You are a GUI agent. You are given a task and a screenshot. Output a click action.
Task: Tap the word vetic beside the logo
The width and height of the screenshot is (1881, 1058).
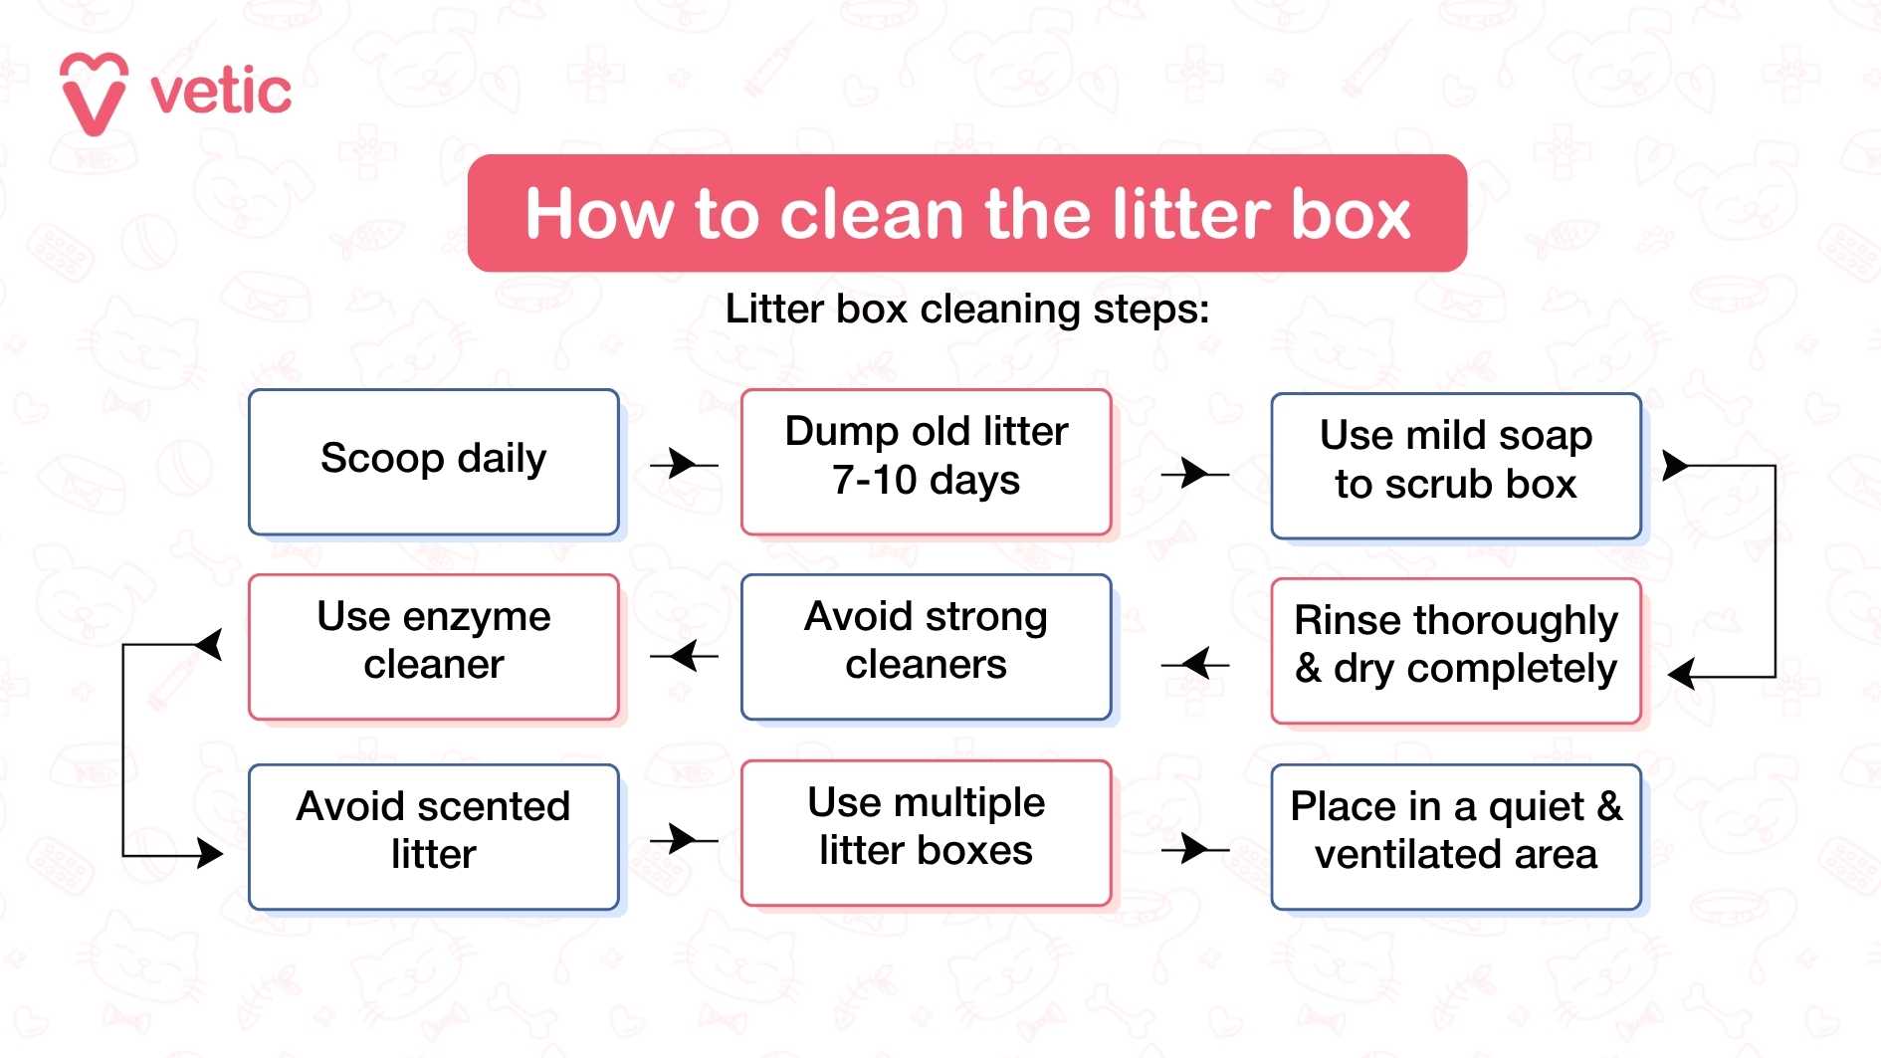tap(221, 93)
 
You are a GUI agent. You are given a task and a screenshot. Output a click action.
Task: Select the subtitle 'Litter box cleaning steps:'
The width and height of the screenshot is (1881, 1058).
tap(966, 309)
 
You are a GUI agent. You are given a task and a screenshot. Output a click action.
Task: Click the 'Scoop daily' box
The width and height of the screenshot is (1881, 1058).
tap(433, 461)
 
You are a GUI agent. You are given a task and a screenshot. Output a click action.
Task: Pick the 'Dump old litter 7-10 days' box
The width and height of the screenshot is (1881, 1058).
tap(926, 461)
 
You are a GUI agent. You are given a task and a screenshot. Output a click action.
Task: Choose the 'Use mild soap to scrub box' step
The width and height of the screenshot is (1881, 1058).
tap(1455, 465)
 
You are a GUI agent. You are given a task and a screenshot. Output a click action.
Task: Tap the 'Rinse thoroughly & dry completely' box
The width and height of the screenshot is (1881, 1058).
tap(1455, 650)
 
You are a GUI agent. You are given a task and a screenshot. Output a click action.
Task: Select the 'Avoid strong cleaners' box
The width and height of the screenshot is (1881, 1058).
tap(926, 646)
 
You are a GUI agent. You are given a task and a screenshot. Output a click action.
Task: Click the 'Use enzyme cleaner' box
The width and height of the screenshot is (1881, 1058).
tap(433, 646)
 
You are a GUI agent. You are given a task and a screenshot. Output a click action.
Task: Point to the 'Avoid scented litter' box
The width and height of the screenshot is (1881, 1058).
tap(433, 836)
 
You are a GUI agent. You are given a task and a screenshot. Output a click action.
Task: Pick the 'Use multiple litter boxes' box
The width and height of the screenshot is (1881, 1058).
tap(926, 832)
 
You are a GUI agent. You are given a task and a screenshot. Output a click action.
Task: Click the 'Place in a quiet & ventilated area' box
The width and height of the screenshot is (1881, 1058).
tap(1455, 836)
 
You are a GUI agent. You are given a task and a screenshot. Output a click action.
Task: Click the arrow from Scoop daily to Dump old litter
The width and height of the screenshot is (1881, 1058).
tap(684, 464)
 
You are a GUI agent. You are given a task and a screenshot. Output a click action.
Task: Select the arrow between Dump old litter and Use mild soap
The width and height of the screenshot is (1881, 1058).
tap(1194, 473)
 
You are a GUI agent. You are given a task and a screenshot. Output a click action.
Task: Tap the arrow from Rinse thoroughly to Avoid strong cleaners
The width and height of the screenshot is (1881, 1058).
tap(1194, 663)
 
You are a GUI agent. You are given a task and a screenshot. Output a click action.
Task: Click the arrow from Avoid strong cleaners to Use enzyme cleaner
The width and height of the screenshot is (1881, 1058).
tap(684, 656)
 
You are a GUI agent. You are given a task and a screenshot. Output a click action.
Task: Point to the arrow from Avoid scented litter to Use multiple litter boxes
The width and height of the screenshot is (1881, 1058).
tap(684, 839)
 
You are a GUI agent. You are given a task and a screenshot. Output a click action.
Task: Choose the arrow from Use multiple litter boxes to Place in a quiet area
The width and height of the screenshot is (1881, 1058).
tap(1194, 849)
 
